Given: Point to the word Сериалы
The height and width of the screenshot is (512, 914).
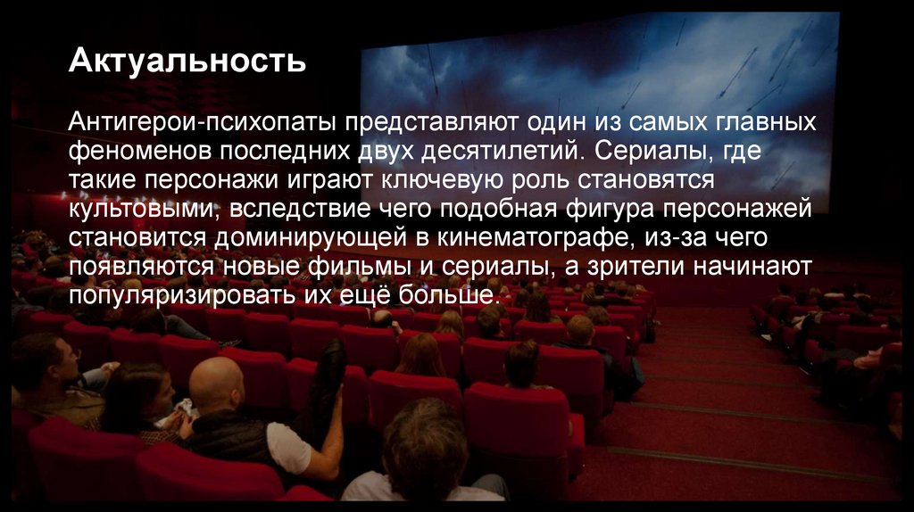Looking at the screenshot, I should [x=644, y=151].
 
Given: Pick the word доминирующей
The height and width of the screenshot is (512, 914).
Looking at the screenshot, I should [x=332, y=238].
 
